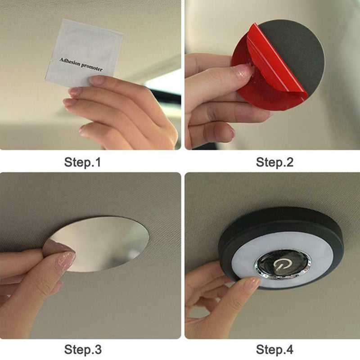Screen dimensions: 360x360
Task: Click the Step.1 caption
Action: point(82,162)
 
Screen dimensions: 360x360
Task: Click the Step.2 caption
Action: point(274,162)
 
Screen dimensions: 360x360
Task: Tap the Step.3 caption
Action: point(83,350)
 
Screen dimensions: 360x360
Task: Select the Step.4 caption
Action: point(274,350)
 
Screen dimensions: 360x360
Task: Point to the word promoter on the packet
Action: point(92,67)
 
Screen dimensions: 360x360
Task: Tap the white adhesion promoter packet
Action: point(84,53)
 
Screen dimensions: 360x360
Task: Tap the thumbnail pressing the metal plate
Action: point(65,262)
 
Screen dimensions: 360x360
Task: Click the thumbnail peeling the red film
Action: point(245,71)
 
